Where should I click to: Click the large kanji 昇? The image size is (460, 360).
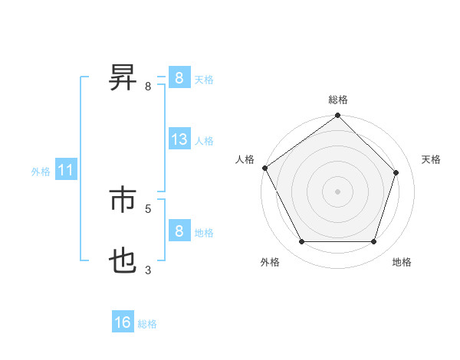point(123,77)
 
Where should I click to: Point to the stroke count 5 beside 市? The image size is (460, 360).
point(148,208)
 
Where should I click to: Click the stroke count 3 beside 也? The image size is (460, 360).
point(148,270)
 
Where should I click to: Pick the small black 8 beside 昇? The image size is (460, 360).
point(148,86)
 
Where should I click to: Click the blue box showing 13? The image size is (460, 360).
point(179,139)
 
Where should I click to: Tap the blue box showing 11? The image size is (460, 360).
point(65,171)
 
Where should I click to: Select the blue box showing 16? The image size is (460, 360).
point(123,322)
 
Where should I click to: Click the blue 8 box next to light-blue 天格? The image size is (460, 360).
point(179,77)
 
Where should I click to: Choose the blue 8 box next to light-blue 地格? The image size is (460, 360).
point(179,231)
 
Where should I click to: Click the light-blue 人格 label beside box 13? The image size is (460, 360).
point(204,141)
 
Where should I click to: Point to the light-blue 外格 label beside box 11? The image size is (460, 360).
point(41,172)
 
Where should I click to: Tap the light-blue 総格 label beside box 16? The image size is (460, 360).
point(147,324)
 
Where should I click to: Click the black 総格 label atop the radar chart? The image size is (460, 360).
point(338,100)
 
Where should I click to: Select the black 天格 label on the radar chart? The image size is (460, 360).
point(431,159)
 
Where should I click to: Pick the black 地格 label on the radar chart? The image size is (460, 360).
point(402,262)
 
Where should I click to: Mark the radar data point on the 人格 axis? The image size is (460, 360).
point(264,168)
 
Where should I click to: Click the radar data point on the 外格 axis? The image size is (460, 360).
point(301,242)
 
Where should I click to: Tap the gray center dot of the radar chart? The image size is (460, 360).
point(338,191)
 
